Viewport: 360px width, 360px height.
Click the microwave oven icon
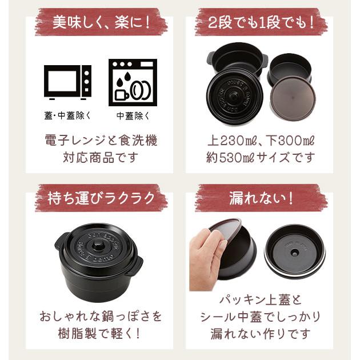(67, 82)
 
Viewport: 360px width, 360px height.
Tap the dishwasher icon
(133, 82)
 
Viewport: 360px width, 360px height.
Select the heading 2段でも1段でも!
(261, 23)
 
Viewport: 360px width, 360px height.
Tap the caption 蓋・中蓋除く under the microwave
(67, 115)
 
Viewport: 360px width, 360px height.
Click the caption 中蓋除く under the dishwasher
(133, 115)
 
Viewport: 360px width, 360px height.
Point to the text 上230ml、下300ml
(261, 140)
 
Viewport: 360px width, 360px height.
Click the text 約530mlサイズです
(261, 157)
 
